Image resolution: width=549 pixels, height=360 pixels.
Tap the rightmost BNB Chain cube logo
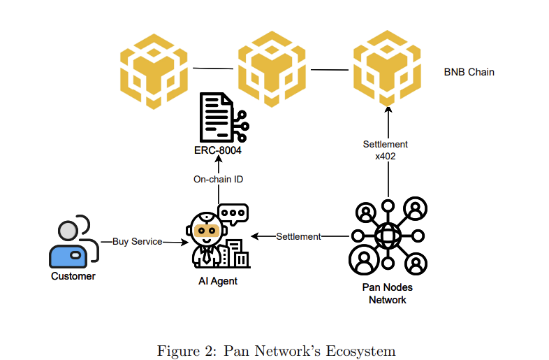(386, 66)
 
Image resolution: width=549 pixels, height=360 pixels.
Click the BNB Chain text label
(469, 72)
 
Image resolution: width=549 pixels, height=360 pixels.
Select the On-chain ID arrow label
(218, 180)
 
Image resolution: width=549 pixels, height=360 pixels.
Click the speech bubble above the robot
(233, 213)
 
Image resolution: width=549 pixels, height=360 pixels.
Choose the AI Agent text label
(217, 281)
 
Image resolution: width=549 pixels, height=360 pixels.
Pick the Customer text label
(73, 276)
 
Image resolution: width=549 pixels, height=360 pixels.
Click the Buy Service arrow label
(137, 242)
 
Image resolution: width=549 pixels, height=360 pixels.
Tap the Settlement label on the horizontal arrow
(298, 237)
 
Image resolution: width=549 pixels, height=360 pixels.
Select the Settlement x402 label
(386, 150)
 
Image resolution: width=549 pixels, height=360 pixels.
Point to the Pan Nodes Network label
(387, 294)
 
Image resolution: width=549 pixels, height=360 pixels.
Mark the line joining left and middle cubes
(212, 69)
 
